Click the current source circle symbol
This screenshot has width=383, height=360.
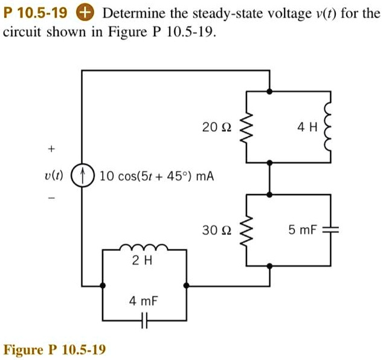click(83, 176)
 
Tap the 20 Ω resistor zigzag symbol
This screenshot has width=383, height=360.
click(245, 127)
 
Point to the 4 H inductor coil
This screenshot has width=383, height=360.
click(330, 127)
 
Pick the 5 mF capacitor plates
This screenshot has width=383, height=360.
click(330, 230)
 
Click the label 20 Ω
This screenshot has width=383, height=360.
click(217, 127)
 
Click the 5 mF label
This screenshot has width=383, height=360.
click(302, 230)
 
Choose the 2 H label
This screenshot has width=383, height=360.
click(144, 261)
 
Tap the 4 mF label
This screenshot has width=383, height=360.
click(144, 300)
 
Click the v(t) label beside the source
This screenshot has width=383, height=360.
click(53, 176)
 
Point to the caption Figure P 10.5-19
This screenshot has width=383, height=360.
click(55, 349)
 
